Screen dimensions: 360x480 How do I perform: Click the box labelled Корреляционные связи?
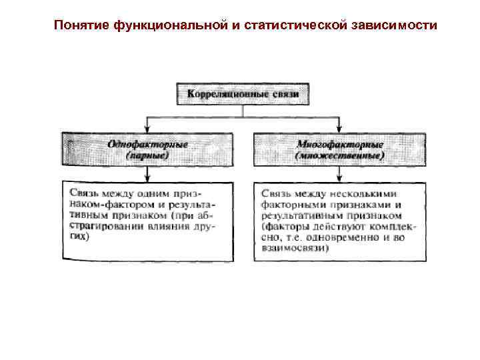(x=243, y=94)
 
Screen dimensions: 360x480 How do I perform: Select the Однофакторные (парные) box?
(x=147, y=149)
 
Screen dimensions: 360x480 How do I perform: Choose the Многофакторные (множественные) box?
(x=339, y=149)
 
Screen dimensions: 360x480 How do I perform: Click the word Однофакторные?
(x=147, y=143)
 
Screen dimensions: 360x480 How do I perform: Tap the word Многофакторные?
(x=339, y=143)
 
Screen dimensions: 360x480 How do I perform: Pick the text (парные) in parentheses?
(x=147, y=155)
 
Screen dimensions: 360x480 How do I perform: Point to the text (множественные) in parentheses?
(x=339, y=155)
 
